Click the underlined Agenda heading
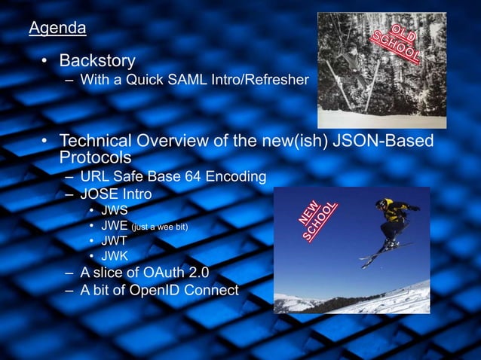point(57,29)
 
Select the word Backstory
point(97,59)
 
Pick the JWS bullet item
point(115,210)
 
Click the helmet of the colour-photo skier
point(382,203)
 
